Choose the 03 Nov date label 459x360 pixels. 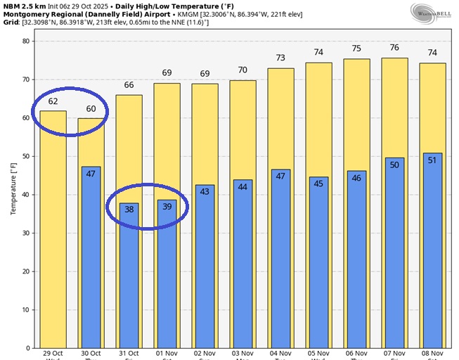click(243, 354)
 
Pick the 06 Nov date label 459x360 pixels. click(356, 354)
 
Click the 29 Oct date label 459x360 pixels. click(53, 354)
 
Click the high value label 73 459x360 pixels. click(280, 58)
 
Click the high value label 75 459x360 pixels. click(356, 49)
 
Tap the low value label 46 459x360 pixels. click(356, 178)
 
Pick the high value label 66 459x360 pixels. click(129, 85)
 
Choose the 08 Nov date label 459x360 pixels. click(432, 354)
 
